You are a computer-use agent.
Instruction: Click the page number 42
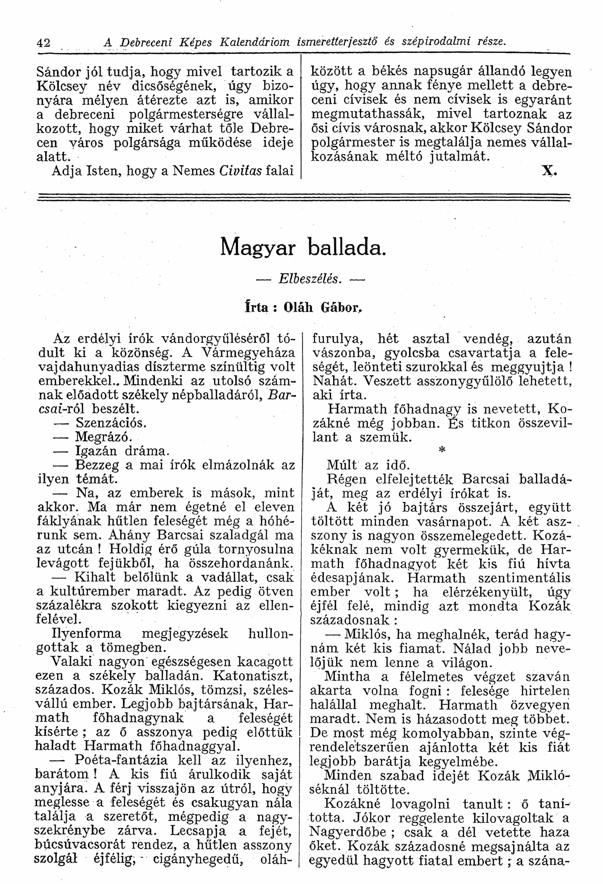pyautogui.click(x=42, y=42)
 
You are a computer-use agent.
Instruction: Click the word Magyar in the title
pyautogui.click(x=257, y=248)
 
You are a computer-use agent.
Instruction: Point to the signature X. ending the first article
pyautogui.click(x=548, y=171)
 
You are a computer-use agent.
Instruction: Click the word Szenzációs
pyautogui.click(x=111, y=423)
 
